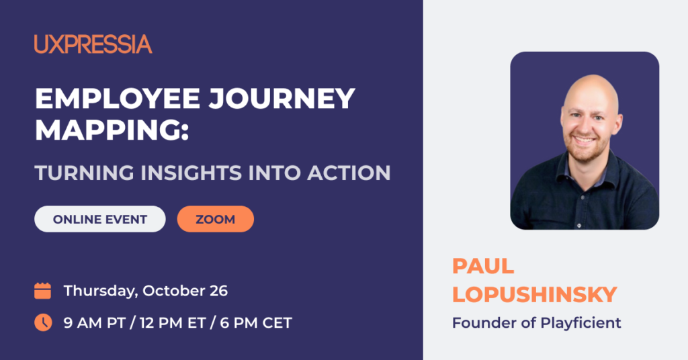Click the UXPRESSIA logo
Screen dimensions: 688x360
click(93, 44)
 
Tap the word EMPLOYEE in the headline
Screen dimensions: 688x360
click(118, 98)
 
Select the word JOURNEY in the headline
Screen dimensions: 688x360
click(282, 98)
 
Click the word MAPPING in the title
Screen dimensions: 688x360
click(108, 130)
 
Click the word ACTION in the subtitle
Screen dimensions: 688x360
click(349, 173)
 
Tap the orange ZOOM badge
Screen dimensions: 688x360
click(216, 219)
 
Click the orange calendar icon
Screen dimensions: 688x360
click(42, 291)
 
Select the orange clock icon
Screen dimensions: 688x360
click(43, 322)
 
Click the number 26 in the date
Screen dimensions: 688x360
click(218, 291)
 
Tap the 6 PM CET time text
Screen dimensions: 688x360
click(256, 323)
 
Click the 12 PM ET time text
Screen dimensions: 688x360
click(173, 323)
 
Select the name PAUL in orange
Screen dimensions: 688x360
click(483, 266)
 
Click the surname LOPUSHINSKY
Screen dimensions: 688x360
click(535, 294)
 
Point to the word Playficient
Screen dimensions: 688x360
click(580, 323)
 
